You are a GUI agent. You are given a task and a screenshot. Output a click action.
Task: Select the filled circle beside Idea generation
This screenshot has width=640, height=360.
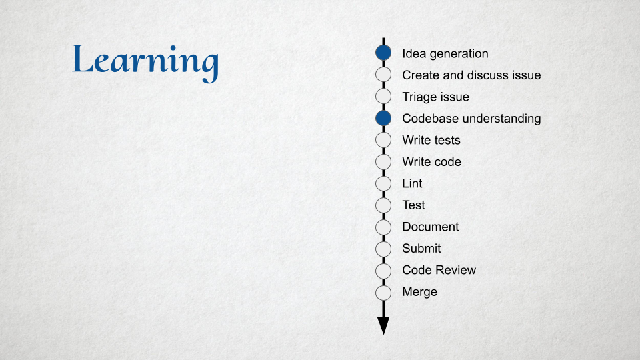383,53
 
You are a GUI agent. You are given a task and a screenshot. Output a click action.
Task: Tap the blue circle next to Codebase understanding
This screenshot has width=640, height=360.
383,118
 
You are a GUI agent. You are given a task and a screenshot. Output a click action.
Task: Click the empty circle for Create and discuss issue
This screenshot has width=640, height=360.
383,74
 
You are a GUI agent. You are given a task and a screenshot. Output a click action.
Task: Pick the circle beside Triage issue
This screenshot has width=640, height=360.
383,96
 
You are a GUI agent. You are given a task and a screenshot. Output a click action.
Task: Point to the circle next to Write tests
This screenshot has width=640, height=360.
383,139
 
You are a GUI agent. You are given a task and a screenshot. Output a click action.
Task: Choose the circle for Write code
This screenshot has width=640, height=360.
383,161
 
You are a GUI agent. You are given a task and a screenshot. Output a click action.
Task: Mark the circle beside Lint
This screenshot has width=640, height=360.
383,183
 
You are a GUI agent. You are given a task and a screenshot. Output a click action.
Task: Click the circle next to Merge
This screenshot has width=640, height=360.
383,293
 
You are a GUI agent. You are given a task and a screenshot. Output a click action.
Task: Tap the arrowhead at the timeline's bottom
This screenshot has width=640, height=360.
383,325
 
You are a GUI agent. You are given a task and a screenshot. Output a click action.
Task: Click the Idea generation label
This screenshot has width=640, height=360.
445,54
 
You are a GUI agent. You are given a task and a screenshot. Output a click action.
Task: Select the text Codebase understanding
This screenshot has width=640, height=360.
471,119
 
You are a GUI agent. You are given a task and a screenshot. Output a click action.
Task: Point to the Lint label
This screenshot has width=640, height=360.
412,183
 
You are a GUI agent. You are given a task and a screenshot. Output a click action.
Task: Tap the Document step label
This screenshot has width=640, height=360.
431,227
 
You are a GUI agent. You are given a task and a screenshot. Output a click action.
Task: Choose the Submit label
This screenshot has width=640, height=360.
421,248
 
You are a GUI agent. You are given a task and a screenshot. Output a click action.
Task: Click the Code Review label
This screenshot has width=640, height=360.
439,270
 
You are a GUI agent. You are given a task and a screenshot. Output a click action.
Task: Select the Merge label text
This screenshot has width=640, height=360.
419,292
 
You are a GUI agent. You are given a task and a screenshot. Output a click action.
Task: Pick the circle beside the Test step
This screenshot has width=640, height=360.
383,205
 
